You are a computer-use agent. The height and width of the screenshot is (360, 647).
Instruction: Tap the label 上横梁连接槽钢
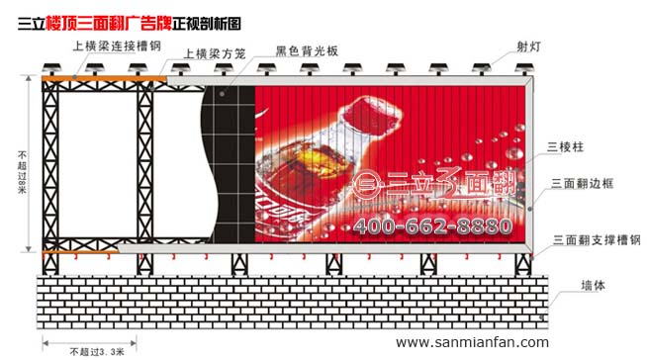(x=116, y=45)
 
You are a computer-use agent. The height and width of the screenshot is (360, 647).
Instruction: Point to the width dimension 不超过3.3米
(x=95, y=350)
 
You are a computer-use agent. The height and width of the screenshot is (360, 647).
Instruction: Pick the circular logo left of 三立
(x=367, y=184)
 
